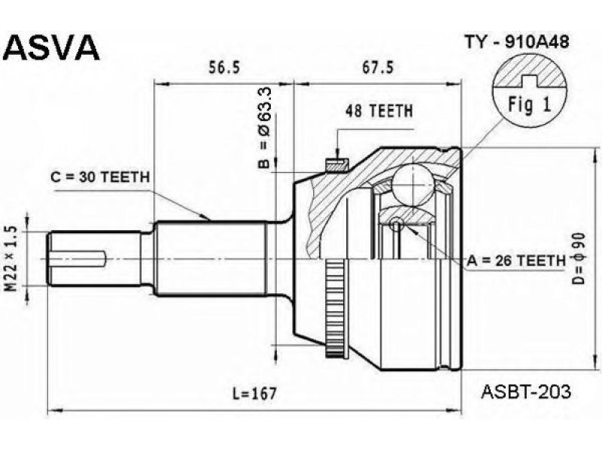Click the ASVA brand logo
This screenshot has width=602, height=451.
(51, 48)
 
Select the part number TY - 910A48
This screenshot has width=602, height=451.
(517, 42)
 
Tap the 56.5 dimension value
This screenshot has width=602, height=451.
(224, 68)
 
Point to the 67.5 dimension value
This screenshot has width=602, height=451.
(379, 68)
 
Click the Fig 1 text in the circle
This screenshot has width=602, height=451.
(530, 104)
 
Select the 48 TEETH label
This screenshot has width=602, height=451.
(379, 111)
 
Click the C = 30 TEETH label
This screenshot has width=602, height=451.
(100, 177)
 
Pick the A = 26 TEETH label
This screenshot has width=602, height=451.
(516, 261)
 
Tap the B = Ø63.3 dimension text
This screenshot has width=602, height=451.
(265, 128)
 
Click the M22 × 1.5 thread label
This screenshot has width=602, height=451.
(12, 259)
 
